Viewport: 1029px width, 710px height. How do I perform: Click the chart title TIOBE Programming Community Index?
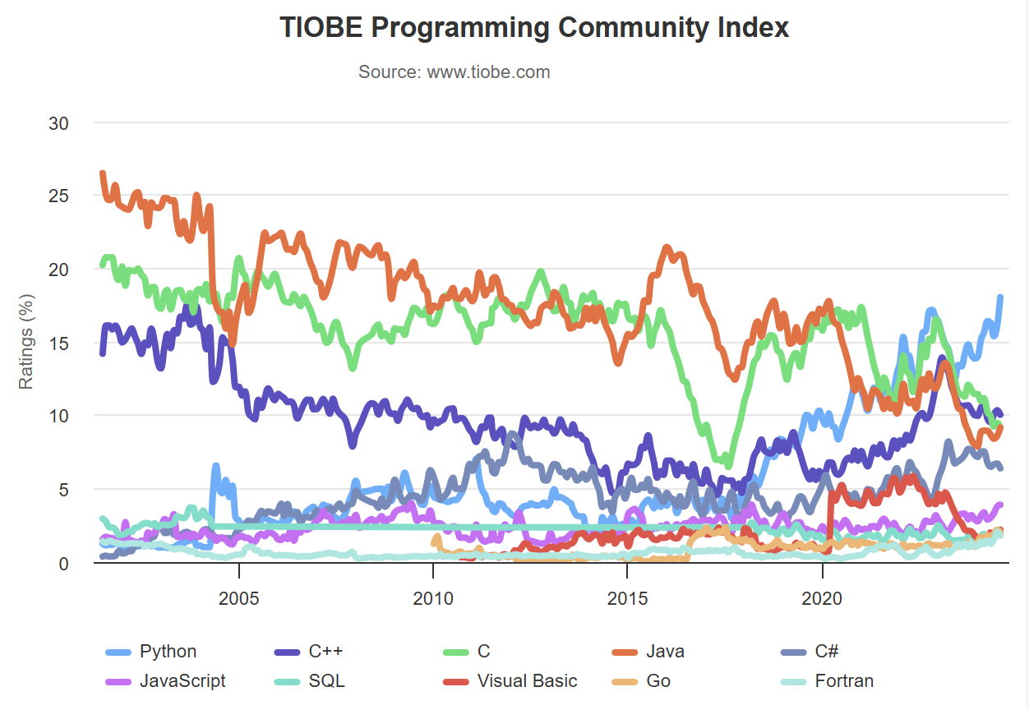(534, 27)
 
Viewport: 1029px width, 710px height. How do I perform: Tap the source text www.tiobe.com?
(454, 72)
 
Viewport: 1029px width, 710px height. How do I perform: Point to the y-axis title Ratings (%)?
(26, 342)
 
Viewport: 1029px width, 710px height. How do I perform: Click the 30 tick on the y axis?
(58, 123)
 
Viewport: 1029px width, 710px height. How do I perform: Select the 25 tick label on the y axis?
(58, 196)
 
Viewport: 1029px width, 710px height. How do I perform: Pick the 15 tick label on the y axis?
(58, 343)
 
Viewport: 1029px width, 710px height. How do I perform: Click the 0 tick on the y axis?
(63, 564)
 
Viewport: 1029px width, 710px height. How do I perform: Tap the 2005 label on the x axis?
(239, 598)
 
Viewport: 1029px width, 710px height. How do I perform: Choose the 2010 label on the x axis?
(433, 598)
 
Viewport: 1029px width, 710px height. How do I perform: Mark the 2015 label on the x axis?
(627, 598)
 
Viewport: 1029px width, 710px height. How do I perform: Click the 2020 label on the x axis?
(822, 598)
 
